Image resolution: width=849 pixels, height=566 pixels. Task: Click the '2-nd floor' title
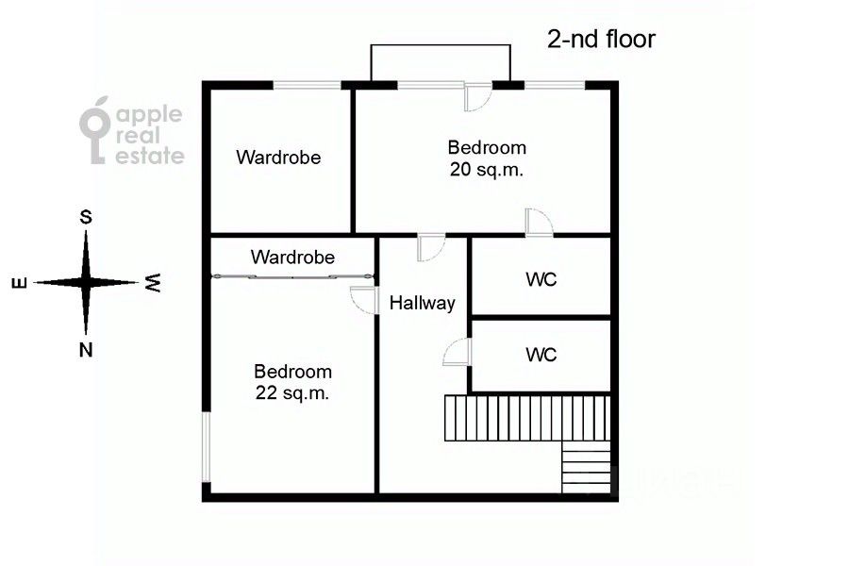[x=601, y=39]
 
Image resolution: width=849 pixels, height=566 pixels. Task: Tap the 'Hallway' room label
[x=423, y=303]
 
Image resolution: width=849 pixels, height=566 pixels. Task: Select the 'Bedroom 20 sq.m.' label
[x=487, y=158]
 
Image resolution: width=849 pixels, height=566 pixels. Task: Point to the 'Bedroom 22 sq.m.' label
[x=292, y=382]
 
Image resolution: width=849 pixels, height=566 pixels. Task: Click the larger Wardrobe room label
[x=278, y=158]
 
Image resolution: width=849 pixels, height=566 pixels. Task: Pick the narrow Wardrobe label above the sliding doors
[x=292, y=257]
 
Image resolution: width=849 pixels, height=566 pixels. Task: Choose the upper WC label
[x=541, y=279]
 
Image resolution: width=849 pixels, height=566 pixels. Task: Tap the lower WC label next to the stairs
[x=541, y=355]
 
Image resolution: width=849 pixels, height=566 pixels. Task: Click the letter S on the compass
[x=86, y=217]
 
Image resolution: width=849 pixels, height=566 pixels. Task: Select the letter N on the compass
[x=86, y=350]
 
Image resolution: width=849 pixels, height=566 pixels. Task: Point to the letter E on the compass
[x=20, y=283]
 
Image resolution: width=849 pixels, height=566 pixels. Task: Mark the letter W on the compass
[x=153, y=282]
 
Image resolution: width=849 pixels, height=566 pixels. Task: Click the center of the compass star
[x=86, y=282]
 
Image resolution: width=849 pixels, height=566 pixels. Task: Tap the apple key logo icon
[x=95, y=130]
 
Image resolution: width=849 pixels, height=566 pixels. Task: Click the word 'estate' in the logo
[x=150, y=156]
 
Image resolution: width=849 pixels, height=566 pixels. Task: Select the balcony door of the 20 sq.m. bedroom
[x=477, y=96]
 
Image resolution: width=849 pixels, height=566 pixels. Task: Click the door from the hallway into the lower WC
[x=458, y=352]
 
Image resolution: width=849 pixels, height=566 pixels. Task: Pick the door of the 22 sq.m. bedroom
[x=363, y=300]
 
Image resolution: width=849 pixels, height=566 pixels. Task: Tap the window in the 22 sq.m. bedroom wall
[x=206, y=447]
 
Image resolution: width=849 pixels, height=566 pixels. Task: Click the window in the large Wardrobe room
[x=307, y=85]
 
